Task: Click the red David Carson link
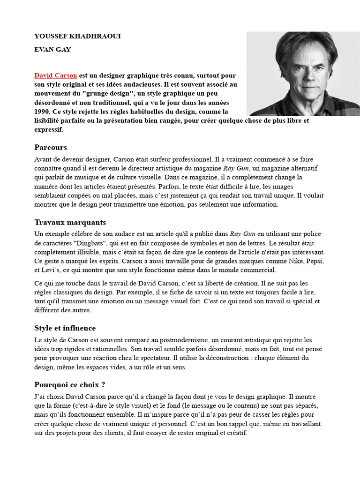point(56,75)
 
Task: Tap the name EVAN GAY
point(52,49)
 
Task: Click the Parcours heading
point(51,147)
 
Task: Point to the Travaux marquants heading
point(70,222)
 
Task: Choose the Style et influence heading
point(65,328)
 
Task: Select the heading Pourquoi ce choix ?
point(69,385)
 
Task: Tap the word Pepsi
point(312,261)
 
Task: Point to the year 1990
point(42,112)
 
